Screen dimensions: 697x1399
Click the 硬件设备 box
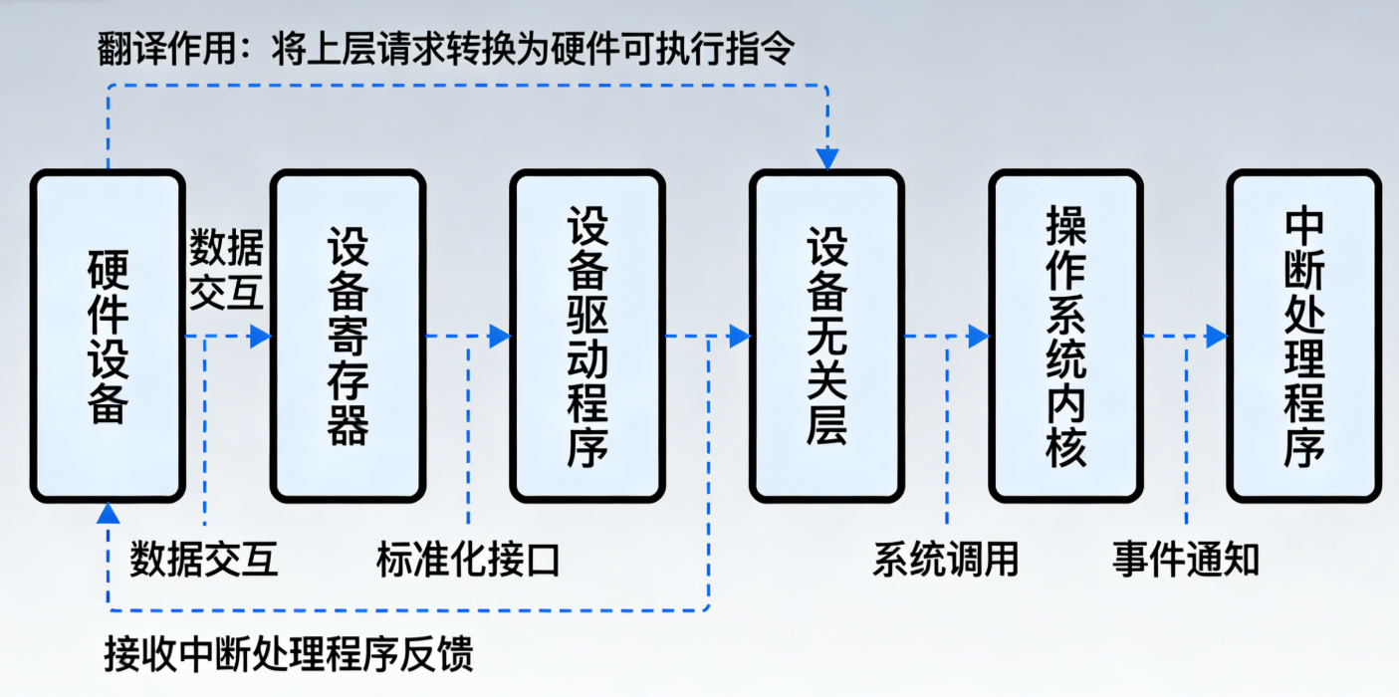tap(108, 336)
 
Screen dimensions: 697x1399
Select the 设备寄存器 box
tap(348, 336)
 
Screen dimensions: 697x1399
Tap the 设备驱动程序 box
tap(586, 336)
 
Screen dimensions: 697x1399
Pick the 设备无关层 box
tap(826, 336)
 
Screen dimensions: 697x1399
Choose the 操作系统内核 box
tap(1065, 336)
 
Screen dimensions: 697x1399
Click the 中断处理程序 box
tap(1303, 336)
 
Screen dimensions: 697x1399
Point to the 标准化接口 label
tap(468, 561)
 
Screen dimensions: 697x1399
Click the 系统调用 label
tap(946, 561)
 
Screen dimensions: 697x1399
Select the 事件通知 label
tap(1185, 561)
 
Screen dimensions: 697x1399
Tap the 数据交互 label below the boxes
tap(204, 561)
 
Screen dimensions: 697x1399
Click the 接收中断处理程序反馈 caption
tap(289, 654)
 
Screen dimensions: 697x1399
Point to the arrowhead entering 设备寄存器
tap(261, 337)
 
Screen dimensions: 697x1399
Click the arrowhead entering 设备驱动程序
tap(500, 337)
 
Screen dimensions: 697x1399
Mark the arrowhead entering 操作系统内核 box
tap(979, 337)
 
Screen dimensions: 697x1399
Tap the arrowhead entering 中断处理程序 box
tap(1217, 337)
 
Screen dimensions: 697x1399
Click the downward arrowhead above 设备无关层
tap(827, 159)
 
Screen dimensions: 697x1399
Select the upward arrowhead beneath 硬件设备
tap(109, 514)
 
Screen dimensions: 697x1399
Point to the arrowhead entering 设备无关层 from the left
tap(739, 337)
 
